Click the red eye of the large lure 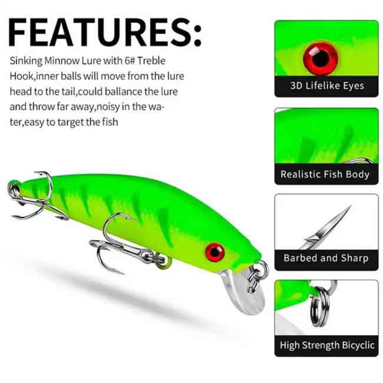(x=214, y=252)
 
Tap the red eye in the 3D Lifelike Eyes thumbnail (x=320, y=57)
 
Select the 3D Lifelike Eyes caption (x=327, y=86)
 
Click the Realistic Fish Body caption (x=325, y=174)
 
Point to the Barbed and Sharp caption (x=326, y=258)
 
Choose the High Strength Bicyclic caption (x=327, y=345)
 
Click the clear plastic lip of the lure (x=245, y=295)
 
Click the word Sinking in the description (x=25, y=61)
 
